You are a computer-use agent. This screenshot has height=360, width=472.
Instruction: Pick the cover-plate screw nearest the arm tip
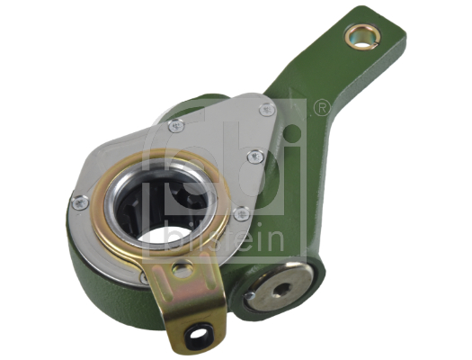pos(265,110)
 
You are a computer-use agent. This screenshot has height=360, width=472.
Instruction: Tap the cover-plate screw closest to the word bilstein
pos(240,213)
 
